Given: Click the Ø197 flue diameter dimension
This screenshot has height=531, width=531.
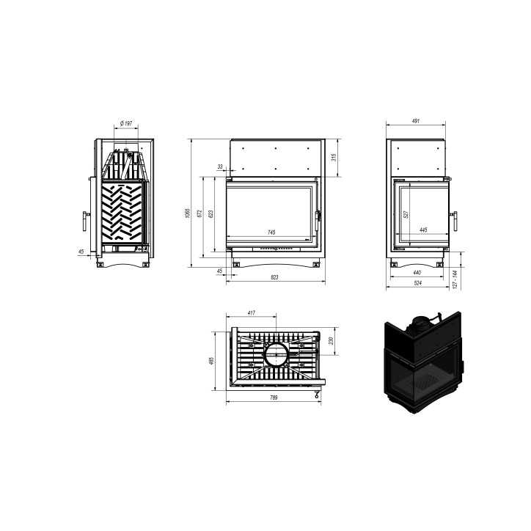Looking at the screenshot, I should coord(125,123).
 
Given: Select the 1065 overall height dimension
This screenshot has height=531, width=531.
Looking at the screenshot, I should coord(187,213).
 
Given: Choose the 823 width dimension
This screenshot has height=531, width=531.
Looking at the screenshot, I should coord(274,277).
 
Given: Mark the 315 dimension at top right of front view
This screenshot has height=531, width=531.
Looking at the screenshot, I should coord(334,157).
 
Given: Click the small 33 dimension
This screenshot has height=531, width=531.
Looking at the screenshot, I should coord(221,167).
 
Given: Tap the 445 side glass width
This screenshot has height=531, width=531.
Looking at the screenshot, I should coord(423,230).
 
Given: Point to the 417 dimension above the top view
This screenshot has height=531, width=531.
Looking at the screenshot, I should coord(252,313).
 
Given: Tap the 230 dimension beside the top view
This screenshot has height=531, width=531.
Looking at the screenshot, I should coord(332,342).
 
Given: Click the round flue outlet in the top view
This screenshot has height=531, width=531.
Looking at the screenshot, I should coord(276,356).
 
